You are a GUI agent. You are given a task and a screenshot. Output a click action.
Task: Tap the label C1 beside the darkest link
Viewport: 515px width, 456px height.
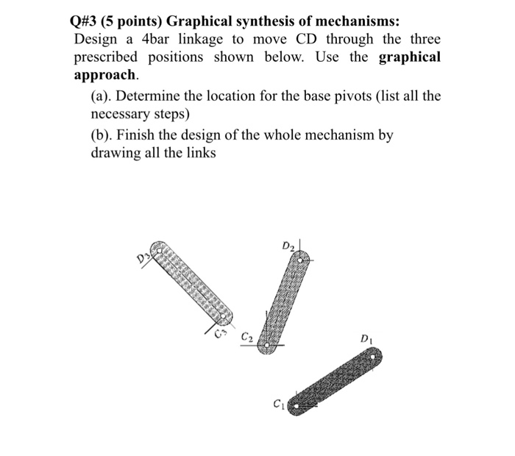[277, 402]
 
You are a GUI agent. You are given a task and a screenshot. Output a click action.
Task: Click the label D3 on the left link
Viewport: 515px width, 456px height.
[141, 257]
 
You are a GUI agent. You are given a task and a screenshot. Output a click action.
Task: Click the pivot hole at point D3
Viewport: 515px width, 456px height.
[157, 249]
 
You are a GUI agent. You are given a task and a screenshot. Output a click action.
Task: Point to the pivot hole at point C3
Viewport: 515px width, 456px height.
[224, 316]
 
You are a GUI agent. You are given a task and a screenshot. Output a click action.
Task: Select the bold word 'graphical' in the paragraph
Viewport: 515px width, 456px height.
[409, 57]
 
